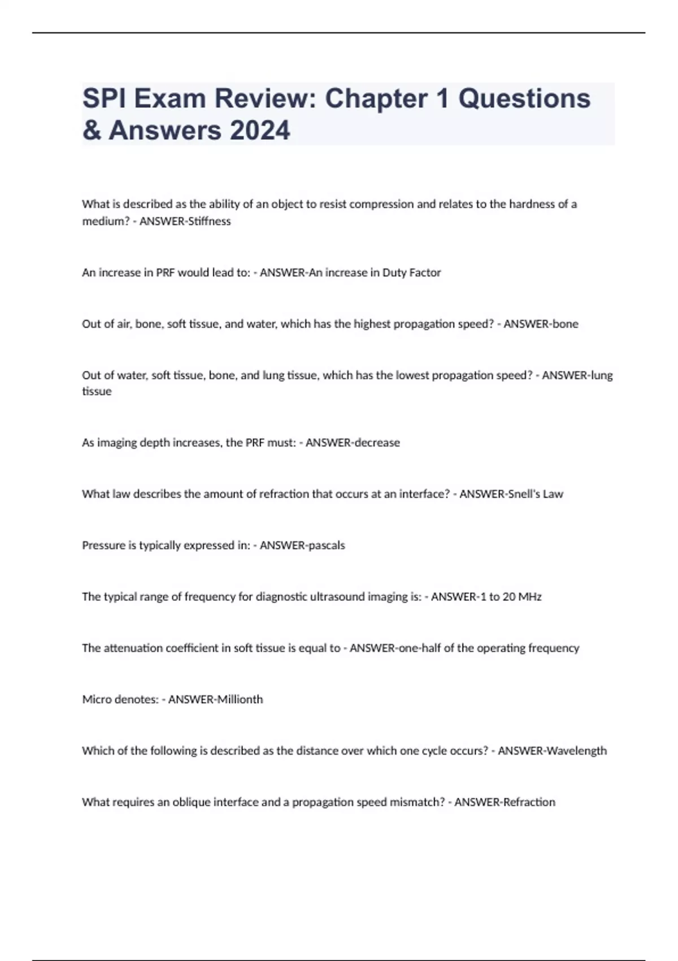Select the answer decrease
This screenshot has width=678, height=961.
(x=376, y=443)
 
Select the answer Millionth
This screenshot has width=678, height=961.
(x=240, y=699)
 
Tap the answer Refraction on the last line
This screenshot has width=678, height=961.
(x=529, y=802)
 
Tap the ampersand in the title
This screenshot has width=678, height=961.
(x=91, y=130)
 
